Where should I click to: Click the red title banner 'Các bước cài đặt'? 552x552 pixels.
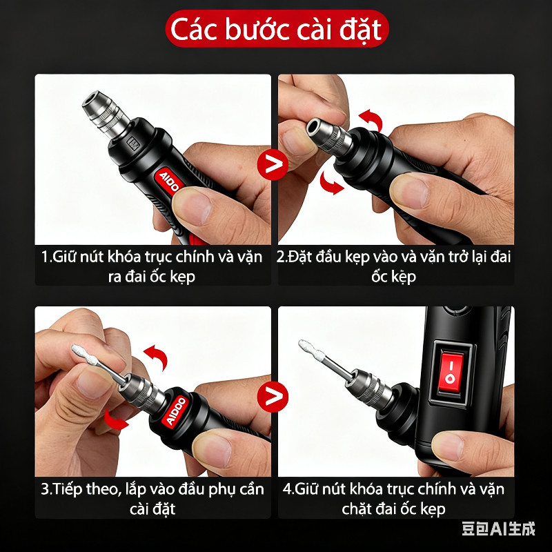coord(277,29)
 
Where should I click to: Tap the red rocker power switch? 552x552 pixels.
coord(451,373)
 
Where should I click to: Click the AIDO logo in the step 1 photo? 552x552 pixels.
coord(168,181)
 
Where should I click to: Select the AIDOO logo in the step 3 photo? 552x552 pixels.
coord(175,411)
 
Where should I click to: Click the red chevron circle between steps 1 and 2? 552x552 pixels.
coord(273,164)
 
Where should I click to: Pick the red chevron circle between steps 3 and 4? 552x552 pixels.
coord(273,397)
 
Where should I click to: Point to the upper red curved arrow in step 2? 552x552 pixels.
coord(372,119)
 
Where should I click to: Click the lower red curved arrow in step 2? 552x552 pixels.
coord(331,183)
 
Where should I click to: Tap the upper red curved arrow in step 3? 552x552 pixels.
coord(157,356)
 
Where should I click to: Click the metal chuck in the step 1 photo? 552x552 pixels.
coord(105,112)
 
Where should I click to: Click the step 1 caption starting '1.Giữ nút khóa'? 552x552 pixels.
coord(152,266)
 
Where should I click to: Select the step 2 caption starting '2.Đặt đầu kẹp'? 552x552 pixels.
coord(393,266)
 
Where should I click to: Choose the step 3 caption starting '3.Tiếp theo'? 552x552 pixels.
coord(152,499)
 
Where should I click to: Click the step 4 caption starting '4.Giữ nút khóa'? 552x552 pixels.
coord(393,499)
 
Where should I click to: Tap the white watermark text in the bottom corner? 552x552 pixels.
coord(498,529)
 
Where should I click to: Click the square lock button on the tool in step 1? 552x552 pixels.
coord(133,144)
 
